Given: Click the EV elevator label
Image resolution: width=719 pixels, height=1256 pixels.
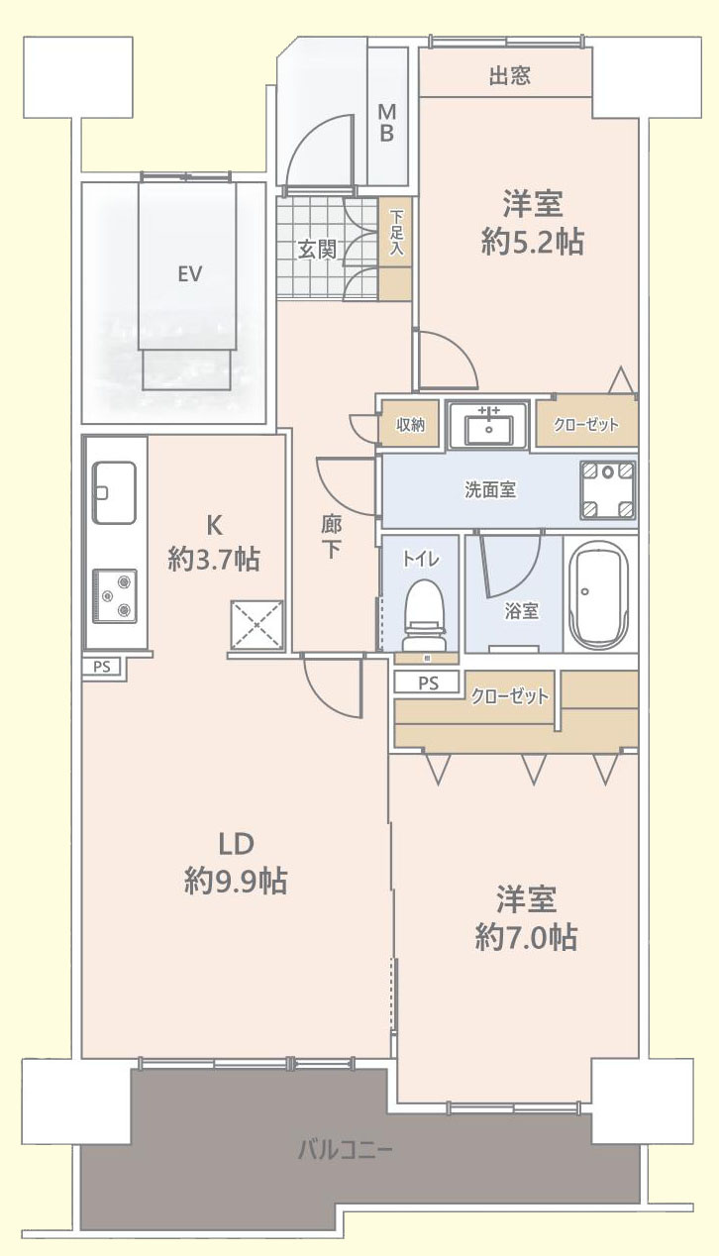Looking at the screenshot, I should pos(189,274).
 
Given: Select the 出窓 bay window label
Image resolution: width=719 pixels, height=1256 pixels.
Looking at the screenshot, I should pos(509,77).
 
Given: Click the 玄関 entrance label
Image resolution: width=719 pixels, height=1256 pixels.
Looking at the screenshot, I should pos(317,250).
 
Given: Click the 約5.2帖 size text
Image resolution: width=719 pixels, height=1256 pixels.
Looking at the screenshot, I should pos(532,242).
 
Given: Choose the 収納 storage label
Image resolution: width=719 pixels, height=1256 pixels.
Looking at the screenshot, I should pos(410,425).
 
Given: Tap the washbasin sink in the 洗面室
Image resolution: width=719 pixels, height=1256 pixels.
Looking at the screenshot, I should pos(485,427).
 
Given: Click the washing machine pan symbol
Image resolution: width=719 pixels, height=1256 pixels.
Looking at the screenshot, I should pos(607,489).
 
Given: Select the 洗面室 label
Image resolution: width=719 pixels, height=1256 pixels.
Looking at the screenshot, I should pos(490,489).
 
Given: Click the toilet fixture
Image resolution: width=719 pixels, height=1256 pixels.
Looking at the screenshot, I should pos(424,612).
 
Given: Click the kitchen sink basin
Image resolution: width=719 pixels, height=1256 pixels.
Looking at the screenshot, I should pos(114,492).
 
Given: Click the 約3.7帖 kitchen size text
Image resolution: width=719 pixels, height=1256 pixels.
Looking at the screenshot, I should pos(214,560).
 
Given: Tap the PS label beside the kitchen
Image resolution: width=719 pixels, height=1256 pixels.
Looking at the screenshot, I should pos(102,667).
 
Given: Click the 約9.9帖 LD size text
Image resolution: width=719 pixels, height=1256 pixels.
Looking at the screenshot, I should pos(236,880).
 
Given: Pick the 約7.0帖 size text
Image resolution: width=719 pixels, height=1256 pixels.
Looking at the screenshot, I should pos(526,936).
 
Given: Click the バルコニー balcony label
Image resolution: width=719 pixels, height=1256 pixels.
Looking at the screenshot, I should pos(346,1151).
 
